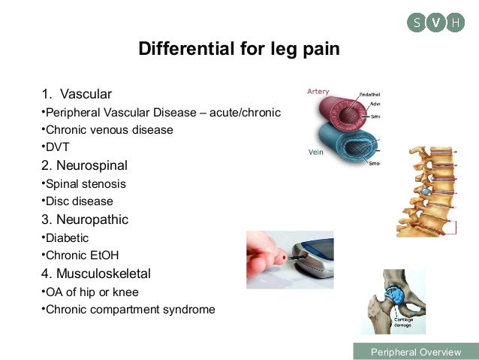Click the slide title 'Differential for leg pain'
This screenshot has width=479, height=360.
pos(239,50)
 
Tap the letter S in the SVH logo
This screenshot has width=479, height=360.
pos(417,23)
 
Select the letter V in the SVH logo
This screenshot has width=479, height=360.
pos(436,23)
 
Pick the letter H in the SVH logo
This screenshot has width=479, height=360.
pos(455,23)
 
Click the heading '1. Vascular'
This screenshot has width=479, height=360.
pos(77,94)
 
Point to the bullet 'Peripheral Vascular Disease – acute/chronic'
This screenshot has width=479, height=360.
pos(161,113)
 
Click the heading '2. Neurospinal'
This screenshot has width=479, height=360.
pos(84,165)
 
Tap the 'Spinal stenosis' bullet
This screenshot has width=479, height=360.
pos(85,184)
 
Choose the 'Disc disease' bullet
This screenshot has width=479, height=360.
pos(79,201)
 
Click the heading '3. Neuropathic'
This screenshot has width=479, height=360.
pos(85,219)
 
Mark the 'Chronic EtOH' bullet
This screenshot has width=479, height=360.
pos(82,256)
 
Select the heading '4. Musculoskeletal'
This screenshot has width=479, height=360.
pos(96,274)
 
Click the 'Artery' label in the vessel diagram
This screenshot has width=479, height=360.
pos(318,92)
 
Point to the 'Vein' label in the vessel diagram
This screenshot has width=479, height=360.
pos(316,151)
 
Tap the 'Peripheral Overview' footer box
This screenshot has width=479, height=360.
pos(415,352)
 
